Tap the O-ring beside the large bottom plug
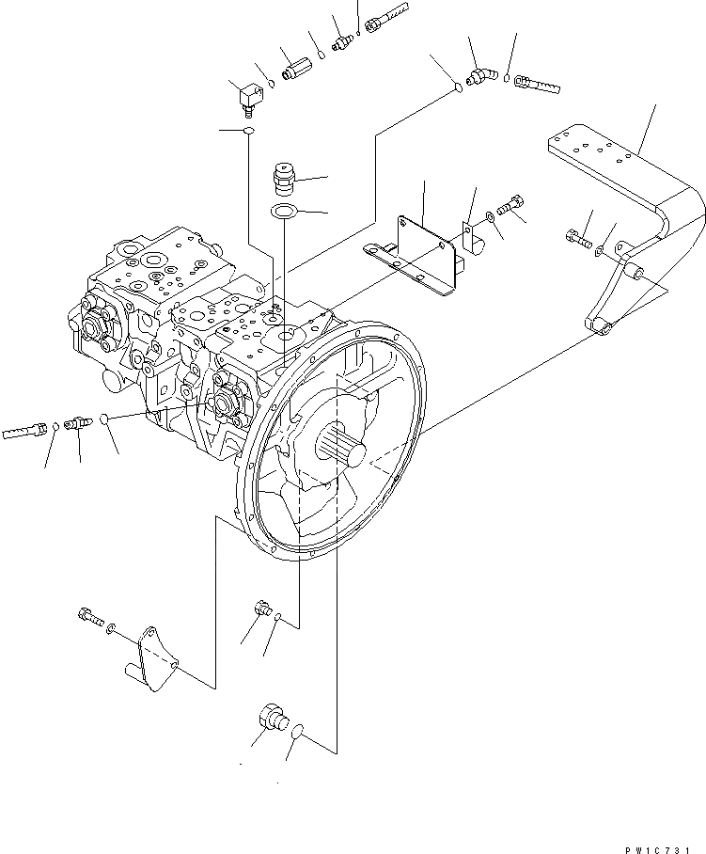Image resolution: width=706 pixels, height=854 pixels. pyautogui.click(x=298, y=731)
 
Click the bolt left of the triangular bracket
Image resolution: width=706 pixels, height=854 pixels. pyautogui.click(x=88, y=619)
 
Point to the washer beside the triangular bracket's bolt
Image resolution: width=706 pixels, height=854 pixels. pyautogui.click(x=113, y=626)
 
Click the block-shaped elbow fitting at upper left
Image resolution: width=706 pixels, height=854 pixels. pyautogui.click(x=249, y=95)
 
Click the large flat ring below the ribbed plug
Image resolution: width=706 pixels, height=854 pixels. pyautogui.click(x=285, y=211)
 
